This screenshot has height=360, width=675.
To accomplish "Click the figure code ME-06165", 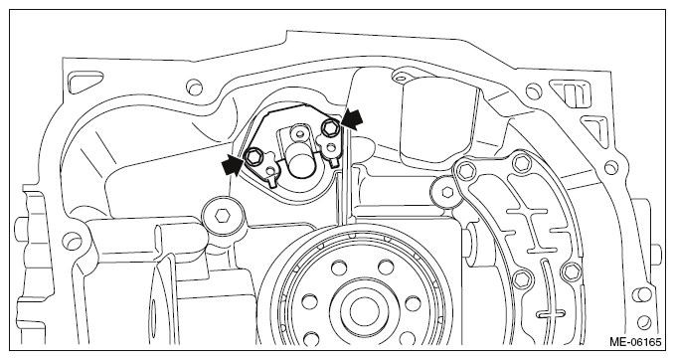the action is point(635,342).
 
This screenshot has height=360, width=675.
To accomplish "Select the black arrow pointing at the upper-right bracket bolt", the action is point(352,118).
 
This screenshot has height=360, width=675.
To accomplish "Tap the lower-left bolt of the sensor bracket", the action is point(253,156).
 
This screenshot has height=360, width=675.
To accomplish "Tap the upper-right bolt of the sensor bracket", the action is point(331,126).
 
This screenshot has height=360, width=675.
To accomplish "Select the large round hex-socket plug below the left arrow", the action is point(222,216).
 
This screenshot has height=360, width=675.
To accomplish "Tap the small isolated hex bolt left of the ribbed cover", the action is point(446,192).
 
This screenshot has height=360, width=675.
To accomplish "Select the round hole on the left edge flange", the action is point(71,240).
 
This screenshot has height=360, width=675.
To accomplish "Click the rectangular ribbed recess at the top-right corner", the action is point(572,93).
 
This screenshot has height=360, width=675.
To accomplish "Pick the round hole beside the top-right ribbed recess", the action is point(534,91).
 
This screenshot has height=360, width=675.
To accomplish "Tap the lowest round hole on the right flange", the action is point(643,321).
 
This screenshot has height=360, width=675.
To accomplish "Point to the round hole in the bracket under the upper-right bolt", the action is point(330,148).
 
